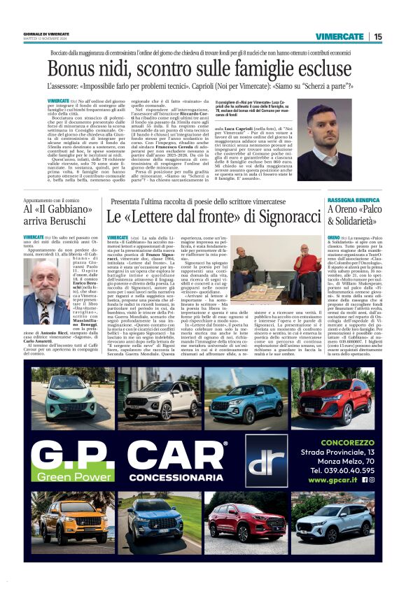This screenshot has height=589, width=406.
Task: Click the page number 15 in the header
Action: tap(378, 36)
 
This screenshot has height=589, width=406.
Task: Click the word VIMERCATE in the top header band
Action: tap(339, 36)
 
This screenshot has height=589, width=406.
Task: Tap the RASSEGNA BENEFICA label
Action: tap(353, 200)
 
